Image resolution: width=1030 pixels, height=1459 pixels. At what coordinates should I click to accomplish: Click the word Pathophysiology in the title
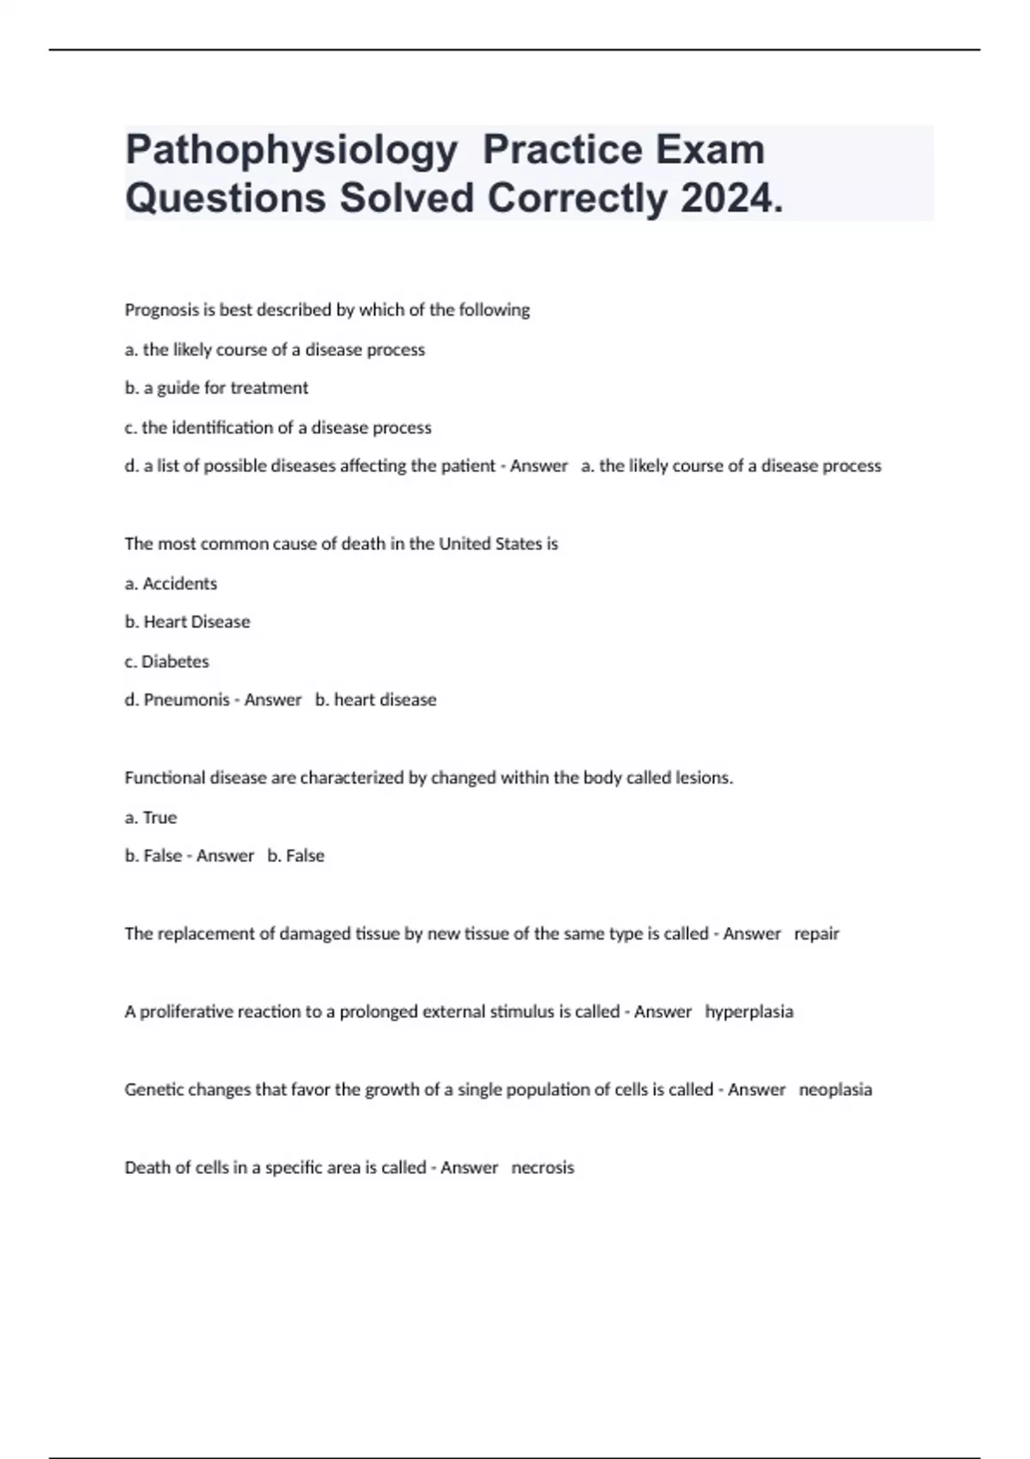[291, 150]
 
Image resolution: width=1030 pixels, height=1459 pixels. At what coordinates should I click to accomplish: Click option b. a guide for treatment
[216, 388]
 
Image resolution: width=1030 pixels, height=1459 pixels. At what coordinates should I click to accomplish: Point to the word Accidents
[179, 584]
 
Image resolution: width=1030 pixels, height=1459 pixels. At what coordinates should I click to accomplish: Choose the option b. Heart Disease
[187, 621]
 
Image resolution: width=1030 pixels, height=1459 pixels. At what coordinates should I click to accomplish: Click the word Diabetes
[175, 662]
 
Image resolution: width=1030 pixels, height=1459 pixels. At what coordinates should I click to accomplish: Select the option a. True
[151, 818]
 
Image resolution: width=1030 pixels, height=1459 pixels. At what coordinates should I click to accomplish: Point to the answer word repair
[816, 934]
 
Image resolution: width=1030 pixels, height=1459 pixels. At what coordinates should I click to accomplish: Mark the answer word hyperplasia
[748, 1012]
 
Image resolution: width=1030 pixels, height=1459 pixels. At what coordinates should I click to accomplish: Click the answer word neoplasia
[835, 1090]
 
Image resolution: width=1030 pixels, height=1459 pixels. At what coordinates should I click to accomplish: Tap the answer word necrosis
[542, 1168]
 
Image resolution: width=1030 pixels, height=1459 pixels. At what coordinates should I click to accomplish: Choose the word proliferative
[186, 1012]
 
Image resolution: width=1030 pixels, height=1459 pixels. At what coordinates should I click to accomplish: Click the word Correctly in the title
[577, 199]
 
